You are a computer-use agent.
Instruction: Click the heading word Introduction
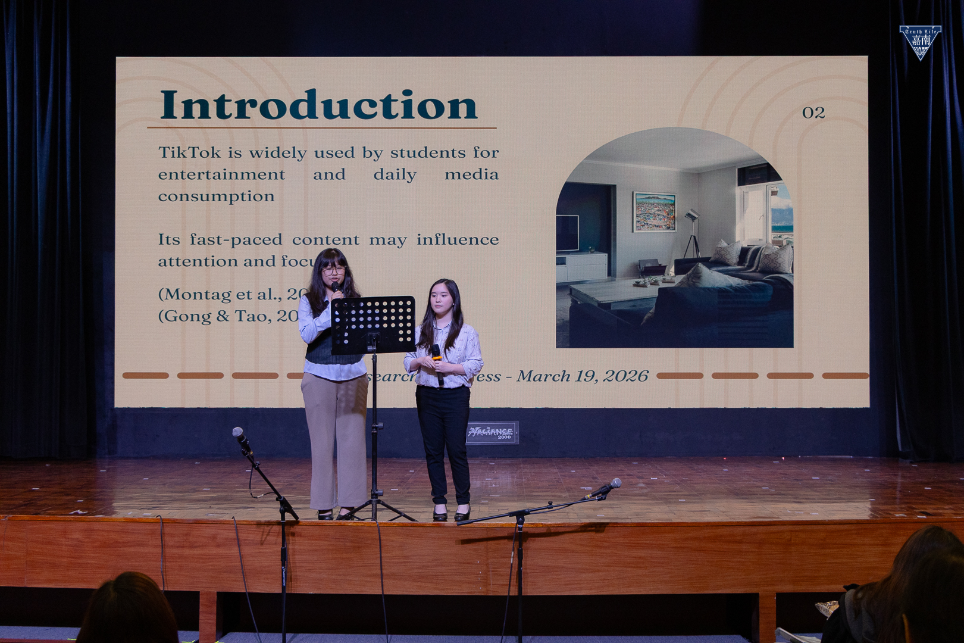tap(319, 105)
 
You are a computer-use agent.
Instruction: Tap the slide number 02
tap(813, 113)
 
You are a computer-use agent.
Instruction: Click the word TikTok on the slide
tap(189, 153)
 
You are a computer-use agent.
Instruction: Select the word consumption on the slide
tap(216, 196)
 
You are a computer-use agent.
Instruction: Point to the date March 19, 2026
tap(582, 376)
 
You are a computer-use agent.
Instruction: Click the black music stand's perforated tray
tap(373, 324)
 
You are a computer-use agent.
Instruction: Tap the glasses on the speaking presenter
tap(333, 270)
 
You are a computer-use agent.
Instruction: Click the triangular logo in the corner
tap(920, 42)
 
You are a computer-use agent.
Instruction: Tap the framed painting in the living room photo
tap(654, 211)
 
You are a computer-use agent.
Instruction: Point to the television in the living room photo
tap(566, 233)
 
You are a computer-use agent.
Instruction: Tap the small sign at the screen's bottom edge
tap(492, 432)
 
